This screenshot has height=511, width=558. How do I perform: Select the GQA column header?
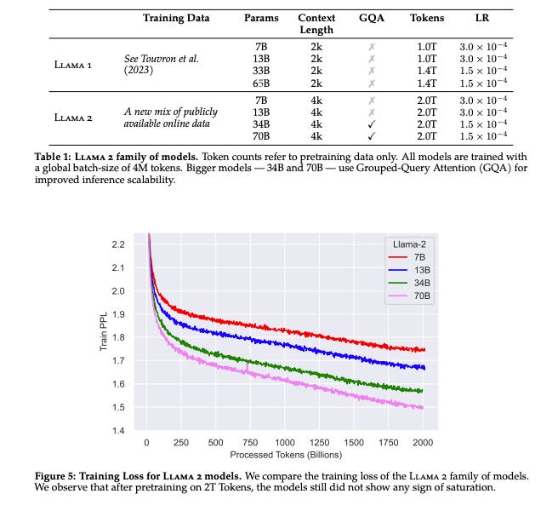pos(370,17)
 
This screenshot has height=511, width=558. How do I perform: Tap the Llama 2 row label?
pos(74,118)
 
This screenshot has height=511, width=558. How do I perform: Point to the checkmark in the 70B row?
pos(370,136)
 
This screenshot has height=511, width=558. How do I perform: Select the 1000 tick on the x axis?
pos(284,443)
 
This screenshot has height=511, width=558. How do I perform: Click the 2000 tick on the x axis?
pos(423,443)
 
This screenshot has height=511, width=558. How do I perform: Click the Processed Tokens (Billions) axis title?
pos(284,456)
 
